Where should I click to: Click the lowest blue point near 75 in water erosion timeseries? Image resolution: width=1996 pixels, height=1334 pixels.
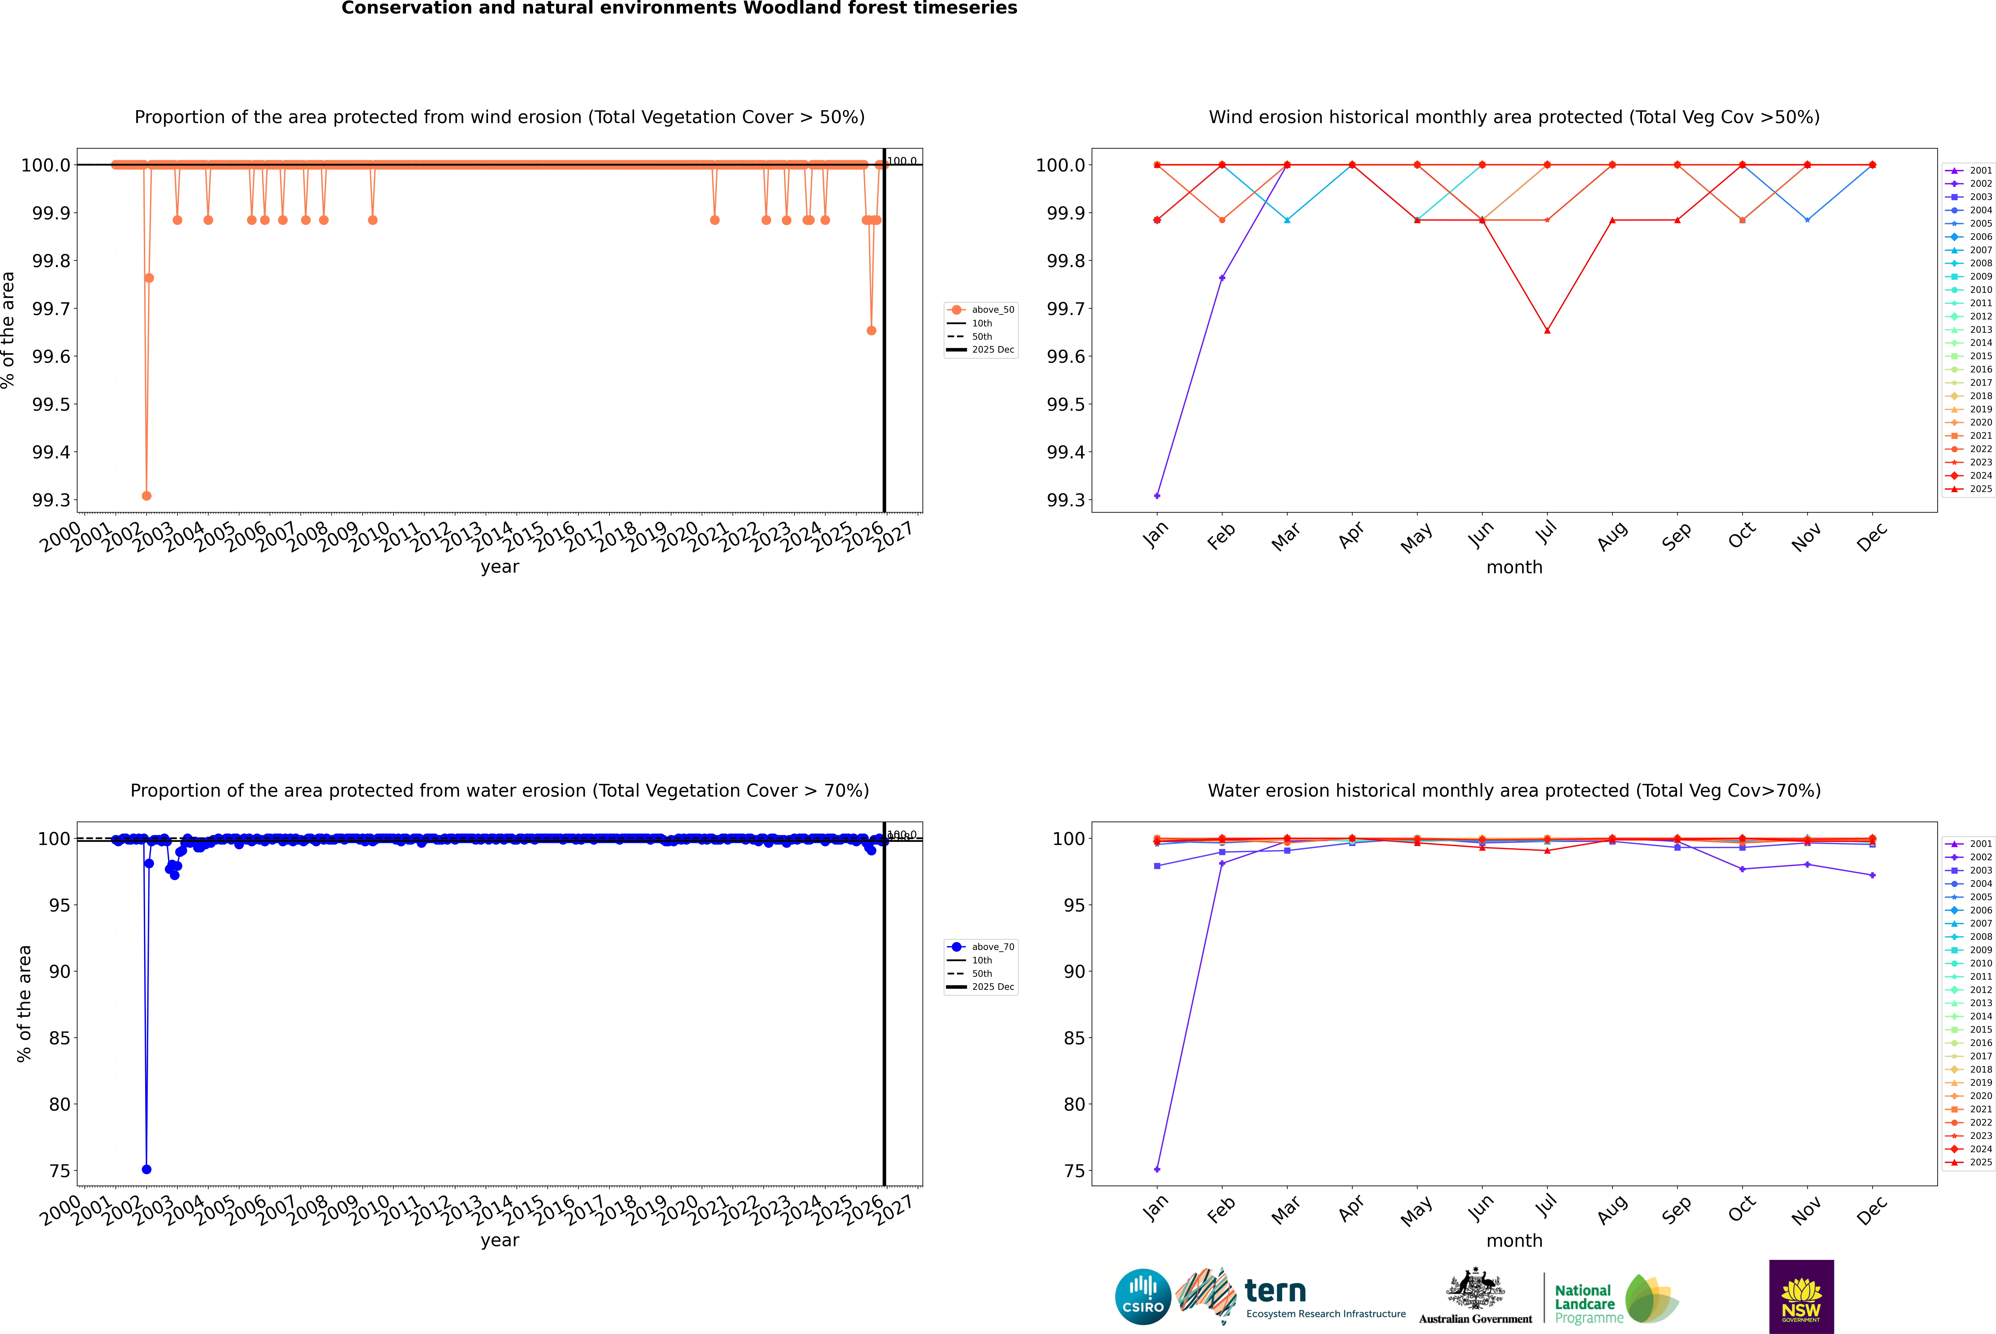pos(146,1169)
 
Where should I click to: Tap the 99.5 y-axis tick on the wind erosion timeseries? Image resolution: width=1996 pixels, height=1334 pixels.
pos(51,404)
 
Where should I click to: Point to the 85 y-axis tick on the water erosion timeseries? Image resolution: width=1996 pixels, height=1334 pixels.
pos(60,1038)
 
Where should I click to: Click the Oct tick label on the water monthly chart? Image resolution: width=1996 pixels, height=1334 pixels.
pos(1741,1208)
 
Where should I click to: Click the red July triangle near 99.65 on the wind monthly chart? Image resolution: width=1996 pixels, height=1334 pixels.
pos(1547,330)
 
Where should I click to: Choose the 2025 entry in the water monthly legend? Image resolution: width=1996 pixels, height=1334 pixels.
pos(1980,1162)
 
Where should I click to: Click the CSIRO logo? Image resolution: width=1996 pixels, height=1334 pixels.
pos(1143,1297)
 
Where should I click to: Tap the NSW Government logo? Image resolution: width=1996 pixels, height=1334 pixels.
pos(1801,1297)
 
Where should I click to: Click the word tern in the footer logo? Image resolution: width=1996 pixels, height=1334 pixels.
pos(1275,1291)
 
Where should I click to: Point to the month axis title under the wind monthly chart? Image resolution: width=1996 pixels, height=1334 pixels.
pos(1514,568)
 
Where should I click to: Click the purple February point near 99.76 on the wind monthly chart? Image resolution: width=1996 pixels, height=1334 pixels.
pos(1222,277)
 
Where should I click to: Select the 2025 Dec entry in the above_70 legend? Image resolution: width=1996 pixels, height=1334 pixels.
pos(992,987)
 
